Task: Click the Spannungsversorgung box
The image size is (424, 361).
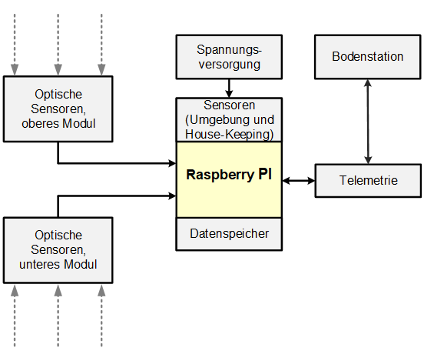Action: click(x=229, y=57)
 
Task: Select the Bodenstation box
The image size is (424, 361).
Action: click(x=368, y=58)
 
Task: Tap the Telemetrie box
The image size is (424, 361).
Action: click(x=368, y=180)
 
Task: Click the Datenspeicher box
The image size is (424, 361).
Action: click(x=229, y=234)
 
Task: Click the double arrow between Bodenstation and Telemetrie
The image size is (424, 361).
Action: click(x=369, y=120)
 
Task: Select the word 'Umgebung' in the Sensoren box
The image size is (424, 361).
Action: click(x=224, y=119)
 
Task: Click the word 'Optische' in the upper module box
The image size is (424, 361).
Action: click(x=58, y=95)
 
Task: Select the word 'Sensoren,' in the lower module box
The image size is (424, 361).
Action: click(x=58, y=249)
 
